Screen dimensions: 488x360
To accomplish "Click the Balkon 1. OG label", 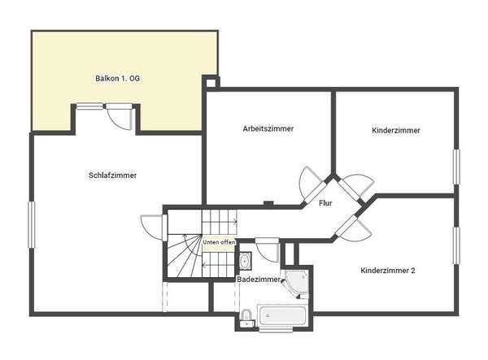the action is pyautogui.click(x=117, y=78).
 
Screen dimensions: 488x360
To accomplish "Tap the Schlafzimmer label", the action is pyautogui.click(x=113, y=176).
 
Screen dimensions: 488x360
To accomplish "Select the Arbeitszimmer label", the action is pyautogui.click(x=268, y=128).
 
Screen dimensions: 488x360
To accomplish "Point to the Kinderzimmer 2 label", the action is pyautogui.click(x=388, y=271).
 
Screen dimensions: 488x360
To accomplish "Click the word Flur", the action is pyautogui.click(x=325, y=203).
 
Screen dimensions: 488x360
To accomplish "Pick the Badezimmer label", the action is pyautogui.click(x=259, y=280).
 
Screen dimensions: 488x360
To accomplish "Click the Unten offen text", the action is pyautogui.click(x=219, y=242).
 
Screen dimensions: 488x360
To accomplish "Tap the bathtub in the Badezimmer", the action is pyautogui.click(x=282, y=316).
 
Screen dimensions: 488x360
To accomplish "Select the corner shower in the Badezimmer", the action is pyautogui.click(x=297, y=283).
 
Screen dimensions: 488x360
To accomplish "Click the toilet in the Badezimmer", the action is pyautogui.click(x=246, y=318).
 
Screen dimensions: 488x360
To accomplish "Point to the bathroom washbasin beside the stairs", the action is pyautogui.click(x=246, y=261).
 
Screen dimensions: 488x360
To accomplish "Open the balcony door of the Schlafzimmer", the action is pyautogui.click(x=120, y=116).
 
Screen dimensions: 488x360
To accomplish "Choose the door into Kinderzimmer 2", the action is pyautogui.click(x=353, y=228).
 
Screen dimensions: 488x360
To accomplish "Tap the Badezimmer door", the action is pyautogui.click(x=267, y=250).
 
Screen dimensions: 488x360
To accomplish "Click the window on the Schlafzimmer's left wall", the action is pyautogui.click(x=32, y=225).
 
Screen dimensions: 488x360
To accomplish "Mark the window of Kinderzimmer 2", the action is pyautogui.click(x=456, y=245).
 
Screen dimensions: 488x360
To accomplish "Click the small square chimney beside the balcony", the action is pyautogui.click(x=211, y=83).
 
